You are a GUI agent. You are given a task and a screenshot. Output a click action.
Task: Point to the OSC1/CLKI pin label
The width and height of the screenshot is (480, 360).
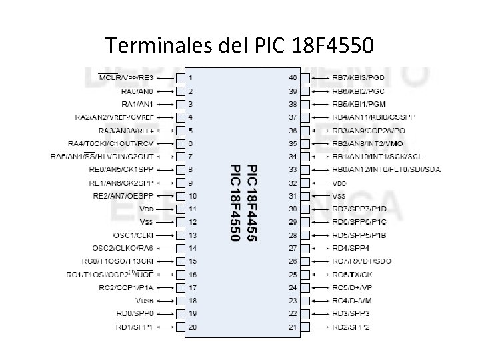(133, 235)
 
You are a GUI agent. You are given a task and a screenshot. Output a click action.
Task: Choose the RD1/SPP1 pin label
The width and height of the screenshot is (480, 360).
(135, 327)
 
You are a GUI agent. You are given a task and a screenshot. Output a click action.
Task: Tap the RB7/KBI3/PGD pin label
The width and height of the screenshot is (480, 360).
(358, 77)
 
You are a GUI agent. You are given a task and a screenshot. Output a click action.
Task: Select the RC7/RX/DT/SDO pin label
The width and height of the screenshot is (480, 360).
(362, 261)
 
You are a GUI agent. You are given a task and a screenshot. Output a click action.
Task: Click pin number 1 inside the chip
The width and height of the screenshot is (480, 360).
(191, 78)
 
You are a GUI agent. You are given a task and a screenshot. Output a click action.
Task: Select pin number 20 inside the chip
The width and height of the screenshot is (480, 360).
(193, 327)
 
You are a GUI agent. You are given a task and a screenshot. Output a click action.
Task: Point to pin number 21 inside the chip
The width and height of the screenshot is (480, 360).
(293, 327)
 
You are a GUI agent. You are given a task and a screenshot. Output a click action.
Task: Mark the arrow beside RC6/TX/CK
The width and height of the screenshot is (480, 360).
(319, 274)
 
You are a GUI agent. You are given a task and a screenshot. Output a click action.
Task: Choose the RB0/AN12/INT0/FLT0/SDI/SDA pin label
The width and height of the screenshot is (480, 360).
(386, 169)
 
